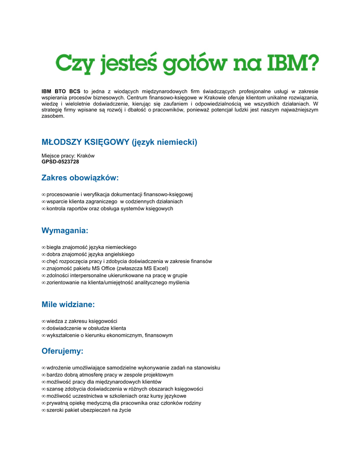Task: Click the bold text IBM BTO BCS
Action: coord(61,91)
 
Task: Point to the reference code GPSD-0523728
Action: coord(60,162)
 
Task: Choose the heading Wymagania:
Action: coord(65,231)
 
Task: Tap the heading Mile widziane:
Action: coord(68,304)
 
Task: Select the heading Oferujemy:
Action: coord(62,351)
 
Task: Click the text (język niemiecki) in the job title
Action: coord(165,142)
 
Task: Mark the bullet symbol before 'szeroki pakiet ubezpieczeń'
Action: coord(44,410)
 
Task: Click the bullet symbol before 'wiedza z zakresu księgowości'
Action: coord(44,321)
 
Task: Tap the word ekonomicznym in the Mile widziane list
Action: coord(125,335)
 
